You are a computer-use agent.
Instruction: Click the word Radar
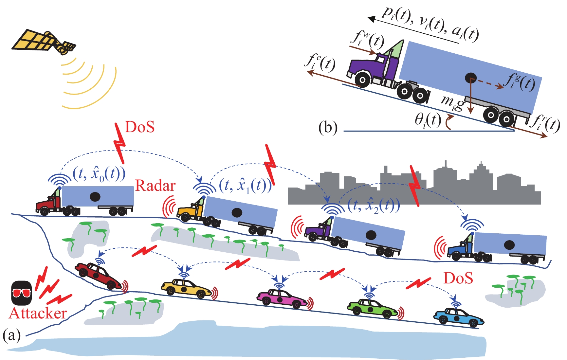pos(155,186)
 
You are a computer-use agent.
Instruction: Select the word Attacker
pos(38,314)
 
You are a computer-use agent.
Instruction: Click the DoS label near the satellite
pos(140,127)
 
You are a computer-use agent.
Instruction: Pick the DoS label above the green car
pos(458,278)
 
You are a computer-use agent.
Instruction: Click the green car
pos(371,308)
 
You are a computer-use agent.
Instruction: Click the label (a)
pos(12,335)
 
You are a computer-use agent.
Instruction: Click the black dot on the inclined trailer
pos(471,78)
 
